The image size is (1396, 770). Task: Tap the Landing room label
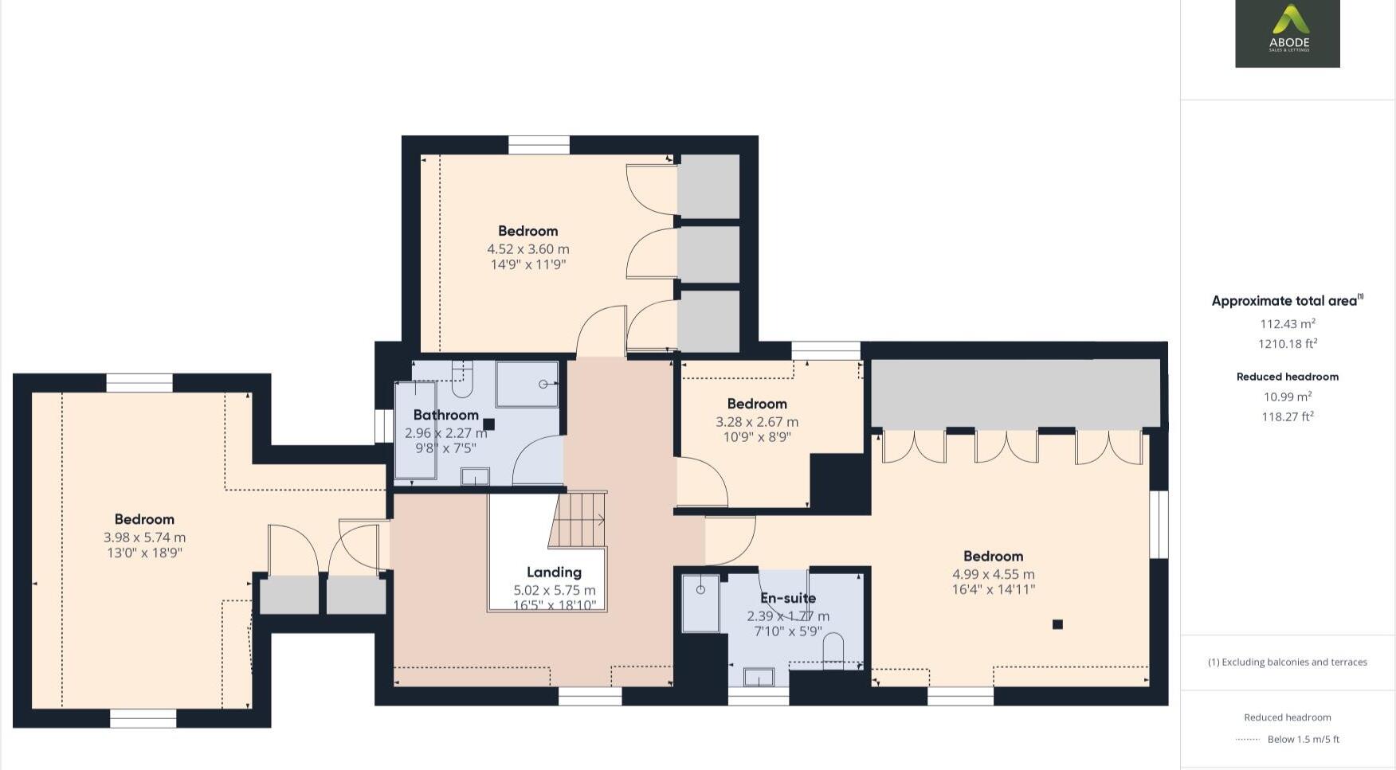554,572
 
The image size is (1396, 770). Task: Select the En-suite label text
787,598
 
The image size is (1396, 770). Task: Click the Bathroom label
445,415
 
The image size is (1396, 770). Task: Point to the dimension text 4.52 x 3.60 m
527,248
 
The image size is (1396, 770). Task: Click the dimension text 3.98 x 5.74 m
144,537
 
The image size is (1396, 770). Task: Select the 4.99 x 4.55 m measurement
993,574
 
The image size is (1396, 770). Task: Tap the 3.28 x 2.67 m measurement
756,422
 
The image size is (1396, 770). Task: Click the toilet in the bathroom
462,380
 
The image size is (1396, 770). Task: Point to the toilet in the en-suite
833,648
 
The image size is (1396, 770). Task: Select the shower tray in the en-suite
700,603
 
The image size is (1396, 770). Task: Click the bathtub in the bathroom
415,431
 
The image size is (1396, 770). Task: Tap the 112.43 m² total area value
1287,324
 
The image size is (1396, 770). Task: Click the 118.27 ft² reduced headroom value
1287,416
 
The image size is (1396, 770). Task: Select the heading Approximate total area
1284,301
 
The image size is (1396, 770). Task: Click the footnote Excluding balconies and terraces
1287,662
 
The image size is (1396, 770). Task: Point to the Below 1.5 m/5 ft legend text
1303,739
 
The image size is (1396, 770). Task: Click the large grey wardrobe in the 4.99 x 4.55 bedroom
1015,393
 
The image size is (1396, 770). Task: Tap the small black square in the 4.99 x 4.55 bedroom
1057,624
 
